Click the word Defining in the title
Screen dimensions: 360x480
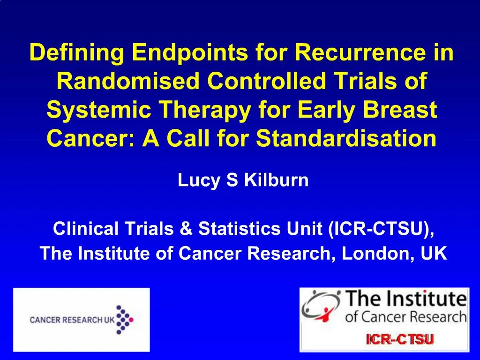point(76,53)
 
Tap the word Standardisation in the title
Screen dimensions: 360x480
point(346,138)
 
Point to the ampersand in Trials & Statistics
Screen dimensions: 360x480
point(188,229)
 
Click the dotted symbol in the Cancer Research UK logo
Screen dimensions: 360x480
point(124,320)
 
